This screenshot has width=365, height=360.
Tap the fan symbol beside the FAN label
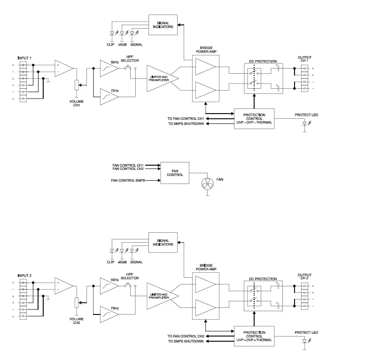coord(207,185)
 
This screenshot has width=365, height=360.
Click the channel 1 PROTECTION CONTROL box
coord(254,118)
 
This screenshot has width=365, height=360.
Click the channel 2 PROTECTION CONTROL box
coord(254,336)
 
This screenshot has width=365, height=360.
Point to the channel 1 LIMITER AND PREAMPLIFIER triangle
coord(160,77)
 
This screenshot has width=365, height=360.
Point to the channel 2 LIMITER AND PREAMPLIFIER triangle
coord(160,295)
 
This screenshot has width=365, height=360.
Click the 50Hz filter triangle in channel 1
coord(109,69)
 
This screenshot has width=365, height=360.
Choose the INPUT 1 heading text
coord(24,57)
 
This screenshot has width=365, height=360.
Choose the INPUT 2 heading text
coord(24,275)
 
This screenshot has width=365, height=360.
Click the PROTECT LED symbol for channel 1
coord(306,124)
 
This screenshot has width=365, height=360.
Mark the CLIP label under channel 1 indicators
coord(110,45)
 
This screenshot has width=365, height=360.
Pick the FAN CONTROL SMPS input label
coord(128,180)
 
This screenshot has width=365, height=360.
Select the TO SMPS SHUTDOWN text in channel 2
coord(186,341)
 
